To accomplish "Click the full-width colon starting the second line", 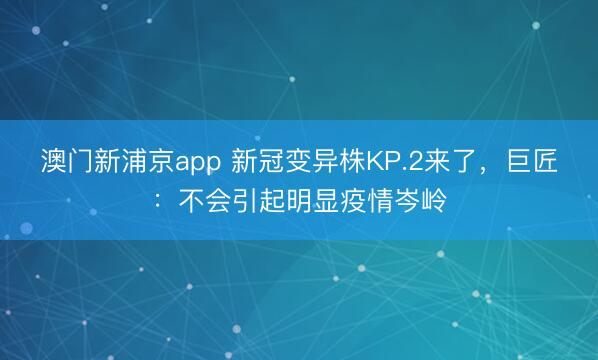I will (154, 200).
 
